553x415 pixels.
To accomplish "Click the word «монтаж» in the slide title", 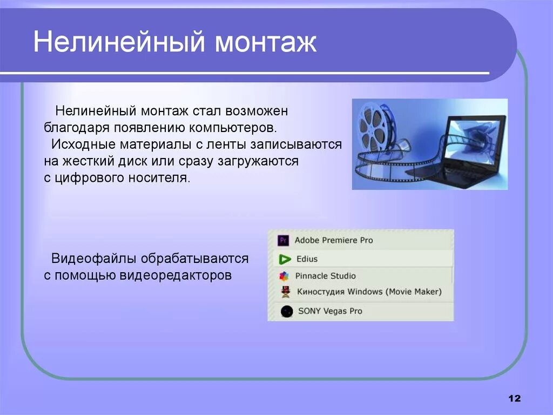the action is click(266, 42).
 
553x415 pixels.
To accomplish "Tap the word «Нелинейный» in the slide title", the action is click(119, 41).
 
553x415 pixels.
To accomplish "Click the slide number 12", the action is click(515, 398).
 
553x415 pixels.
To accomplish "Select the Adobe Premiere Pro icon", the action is click(283, 241).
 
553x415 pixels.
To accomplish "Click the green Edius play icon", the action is click(284, 259).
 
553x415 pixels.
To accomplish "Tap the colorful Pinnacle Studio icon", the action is click(284, 276).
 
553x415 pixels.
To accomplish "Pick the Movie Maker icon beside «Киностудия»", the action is click(286, 292).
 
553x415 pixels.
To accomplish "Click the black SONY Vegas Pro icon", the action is click(287, 312).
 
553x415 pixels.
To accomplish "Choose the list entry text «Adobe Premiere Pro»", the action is click(334, 240).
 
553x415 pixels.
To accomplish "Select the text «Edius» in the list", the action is click(307, 259).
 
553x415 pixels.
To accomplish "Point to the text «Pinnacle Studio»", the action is click(325, 276).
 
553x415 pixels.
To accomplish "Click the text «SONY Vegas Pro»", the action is click(330, 311).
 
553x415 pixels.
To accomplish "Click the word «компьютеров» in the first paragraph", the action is click(233, 128).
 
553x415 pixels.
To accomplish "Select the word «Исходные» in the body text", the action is click(84, 144).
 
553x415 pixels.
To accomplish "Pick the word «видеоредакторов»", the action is click(176, 275).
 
